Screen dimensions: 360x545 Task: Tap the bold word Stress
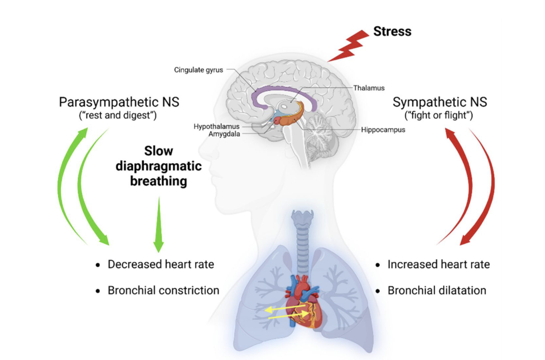[392, 31]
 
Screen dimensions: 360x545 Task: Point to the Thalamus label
[369, 88]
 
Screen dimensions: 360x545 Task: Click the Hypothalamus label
[216, 126]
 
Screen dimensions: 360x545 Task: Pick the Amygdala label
[224, 134]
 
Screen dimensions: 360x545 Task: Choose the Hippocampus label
[383, 130]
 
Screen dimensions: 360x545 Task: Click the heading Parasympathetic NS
[119, 102]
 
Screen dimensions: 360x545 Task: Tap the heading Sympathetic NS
[440, 102]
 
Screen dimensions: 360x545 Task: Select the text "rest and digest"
[119, 115]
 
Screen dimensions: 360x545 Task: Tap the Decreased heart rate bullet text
[161, 264]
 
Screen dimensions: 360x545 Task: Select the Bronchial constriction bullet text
[163, 290]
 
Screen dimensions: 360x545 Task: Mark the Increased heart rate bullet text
[438, 264]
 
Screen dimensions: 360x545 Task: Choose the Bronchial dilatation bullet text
[437, 290]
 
